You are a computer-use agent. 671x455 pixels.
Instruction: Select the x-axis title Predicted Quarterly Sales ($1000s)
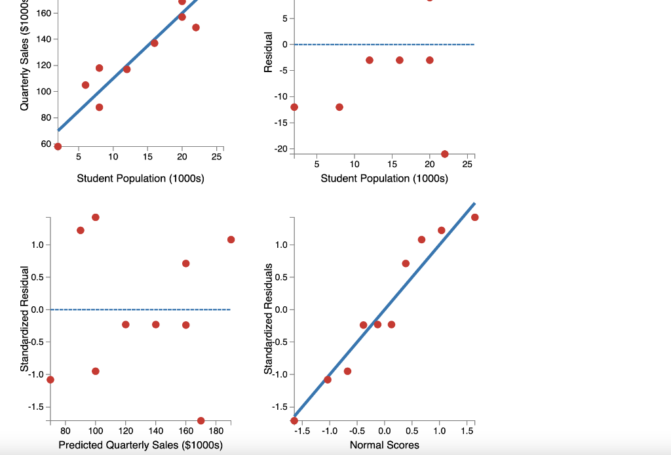pyautogui.click(x=140, y=446)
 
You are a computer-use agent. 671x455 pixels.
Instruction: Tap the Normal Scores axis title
pyautogui.click(x=384, y=446)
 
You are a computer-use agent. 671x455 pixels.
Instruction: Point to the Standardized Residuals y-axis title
pyautogui.click(x=268, y=319)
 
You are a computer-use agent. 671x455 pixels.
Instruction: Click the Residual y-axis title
pyautogui.click(x=268, y=52)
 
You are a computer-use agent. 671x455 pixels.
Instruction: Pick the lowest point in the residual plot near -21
pyautogui.click(x=445, y=154)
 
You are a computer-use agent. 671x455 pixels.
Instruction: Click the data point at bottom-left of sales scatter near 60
pyautogui.click(x=58, y=146)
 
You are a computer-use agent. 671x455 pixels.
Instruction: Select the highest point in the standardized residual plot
pyautogui.click(x=96, y=217)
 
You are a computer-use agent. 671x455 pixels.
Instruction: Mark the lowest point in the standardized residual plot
pyautogui.click(x=201, y=420)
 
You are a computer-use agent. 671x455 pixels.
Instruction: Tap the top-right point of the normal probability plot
pyautogui.click(x=474, y=217)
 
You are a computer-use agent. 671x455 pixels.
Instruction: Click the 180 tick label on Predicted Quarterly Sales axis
pyautogui.click(x=216, y=431)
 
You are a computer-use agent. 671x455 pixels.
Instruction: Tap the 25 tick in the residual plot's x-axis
pyautogui.click(x=467, y=163)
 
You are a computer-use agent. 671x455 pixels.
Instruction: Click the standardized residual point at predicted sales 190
pyautogui.click(x=231, y=239)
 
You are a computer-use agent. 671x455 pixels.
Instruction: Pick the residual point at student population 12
pyautogui.click(x=370, y=60)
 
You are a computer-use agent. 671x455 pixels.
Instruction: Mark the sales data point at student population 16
pyautogui.click(x=154, y=43)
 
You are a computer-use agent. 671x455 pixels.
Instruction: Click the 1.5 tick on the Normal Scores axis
pyautogui.click(x=467, y=431)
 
